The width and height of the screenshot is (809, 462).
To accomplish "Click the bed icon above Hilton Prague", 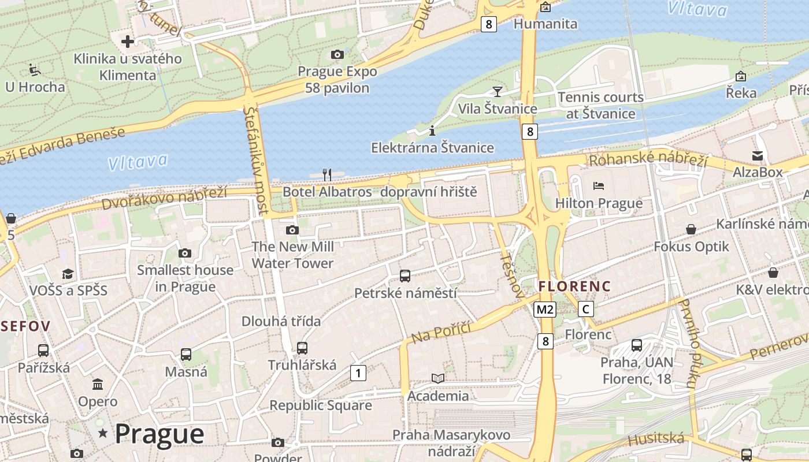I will [599, 186].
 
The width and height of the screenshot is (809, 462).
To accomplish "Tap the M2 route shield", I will [544, 310].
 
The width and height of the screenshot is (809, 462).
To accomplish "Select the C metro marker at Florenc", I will [586, 309].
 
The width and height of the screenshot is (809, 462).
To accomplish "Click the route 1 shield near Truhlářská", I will [358, 373].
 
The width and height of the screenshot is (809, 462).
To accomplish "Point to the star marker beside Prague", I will [103, 433].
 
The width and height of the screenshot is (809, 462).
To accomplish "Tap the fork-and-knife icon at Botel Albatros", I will [327, 174].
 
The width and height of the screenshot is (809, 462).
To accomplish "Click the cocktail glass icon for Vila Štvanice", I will [497, 91].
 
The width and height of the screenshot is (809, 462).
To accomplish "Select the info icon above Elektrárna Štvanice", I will [432, 131].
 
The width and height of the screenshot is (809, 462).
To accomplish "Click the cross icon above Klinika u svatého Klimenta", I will [128, 42].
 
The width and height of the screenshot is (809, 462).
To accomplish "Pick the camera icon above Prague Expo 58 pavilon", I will [337, 55].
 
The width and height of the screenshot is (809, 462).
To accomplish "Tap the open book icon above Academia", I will [438, 379].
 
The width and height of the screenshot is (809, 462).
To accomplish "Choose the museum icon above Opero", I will [98, 385].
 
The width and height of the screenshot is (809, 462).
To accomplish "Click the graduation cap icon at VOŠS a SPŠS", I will [68, 274].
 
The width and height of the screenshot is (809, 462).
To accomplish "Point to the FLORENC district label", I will [574, 286].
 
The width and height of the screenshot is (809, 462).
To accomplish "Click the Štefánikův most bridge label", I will [257, 159].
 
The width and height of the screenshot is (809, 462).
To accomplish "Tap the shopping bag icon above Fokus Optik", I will [691, 230].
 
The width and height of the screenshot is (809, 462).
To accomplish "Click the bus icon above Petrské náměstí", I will [405, 276].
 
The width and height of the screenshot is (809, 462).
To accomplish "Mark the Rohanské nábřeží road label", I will [647, 160].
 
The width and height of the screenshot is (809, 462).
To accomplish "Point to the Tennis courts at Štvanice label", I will [601, 105].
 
